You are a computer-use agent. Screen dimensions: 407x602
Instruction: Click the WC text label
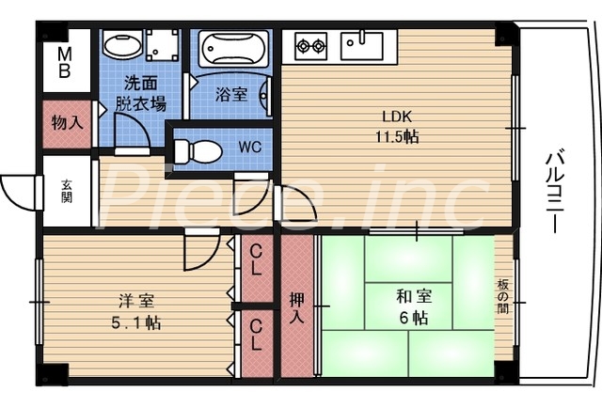[250, 147]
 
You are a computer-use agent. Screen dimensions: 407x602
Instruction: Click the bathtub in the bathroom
[233, 48]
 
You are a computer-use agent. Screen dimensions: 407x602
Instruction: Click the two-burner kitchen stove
[311, 43]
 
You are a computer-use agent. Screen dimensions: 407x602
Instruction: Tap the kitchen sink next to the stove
[360, 42]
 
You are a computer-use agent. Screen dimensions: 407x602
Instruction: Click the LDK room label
[396, 117]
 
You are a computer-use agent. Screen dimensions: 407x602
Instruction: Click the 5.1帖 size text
[136, 322]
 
